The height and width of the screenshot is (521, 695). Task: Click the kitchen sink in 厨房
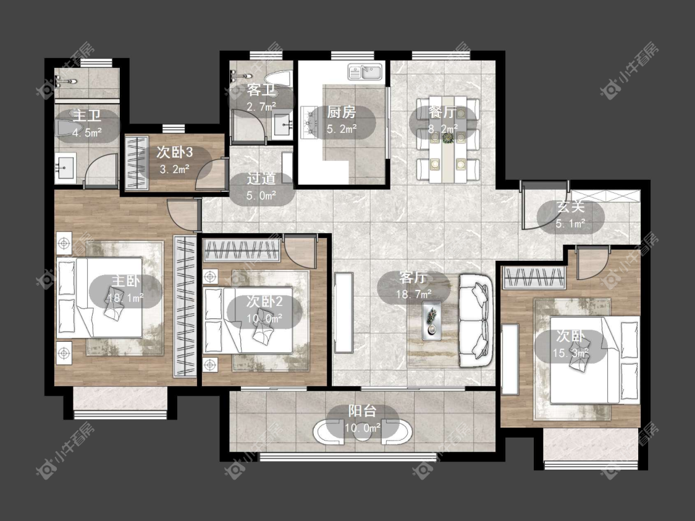pos(365,72)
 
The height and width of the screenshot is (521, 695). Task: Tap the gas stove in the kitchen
pos(310,121)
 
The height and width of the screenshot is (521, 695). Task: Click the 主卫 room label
pos(87,116)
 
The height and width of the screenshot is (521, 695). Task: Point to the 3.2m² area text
pos(174,169)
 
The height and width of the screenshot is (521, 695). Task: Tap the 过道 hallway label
pos(261,178)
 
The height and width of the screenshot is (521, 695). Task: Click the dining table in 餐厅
pos(448,138)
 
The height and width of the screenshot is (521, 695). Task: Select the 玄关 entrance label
pos(571,206)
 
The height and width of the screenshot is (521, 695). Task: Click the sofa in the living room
pos(476,321)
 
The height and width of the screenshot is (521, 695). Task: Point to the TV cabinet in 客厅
pos(343,313)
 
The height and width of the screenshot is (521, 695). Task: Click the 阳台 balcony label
pos(362,411)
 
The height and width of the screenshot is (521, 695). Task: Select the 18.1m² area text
pos(126,298)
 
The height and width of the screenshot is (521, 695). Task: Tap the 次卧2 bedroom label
pos(264,302)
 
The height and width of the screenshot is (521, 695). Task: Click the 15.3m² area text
pos(571,353)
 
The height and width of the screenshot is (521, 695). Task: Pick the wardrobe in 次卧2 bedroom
pos(242,250)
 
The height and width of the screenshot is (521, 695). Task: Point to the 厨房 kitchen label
pos(341,112)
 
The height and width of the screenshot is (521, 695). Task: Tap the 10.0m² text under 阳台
pos(363,428)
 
